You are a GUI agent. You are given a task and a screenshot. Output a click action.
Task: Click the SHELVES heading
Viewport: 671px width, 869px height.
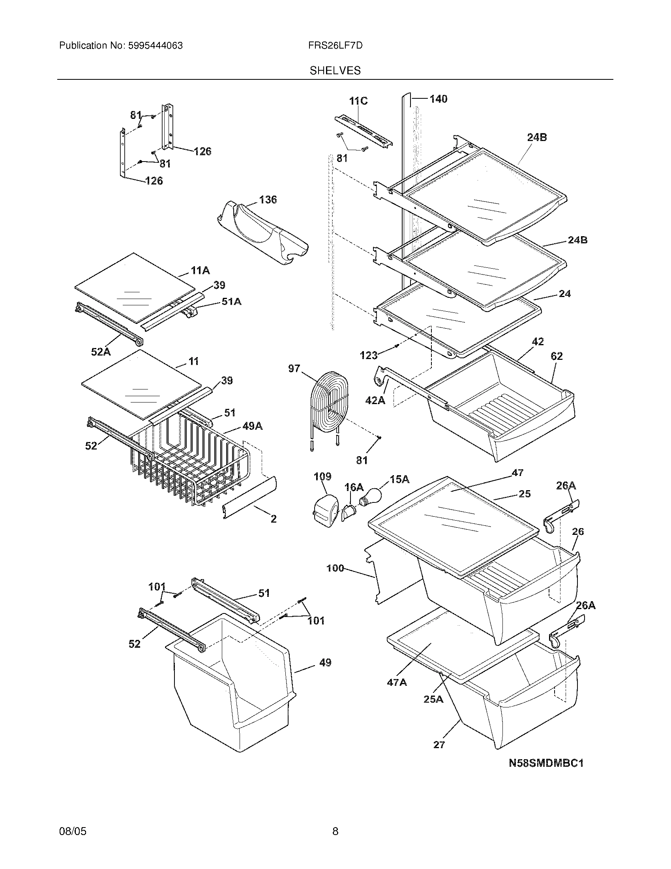click(x=335, y=70)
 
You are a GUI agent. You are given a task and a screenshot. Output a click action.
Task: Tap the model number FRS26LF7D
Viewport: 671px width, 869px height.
click(x=335, y=45)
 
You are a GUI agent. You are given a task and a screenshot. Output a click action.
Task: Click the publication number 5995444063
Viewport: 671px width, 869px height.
click(x=155, y=45)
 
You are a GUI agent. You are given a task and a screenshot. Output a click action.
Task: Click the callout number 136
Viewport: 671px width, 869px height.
click(x=268, y=199)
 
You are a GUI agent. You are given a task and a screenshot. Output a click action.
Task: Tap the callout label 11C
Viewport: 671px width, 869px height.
click(x=358, y=101)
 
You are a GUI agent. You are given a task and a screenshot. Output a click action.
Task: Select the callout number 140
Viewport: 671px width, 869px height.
click(x=438, y=99)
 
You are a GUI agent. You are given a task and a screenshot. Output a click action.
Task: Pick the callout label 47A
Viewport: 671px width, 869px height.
click(x=397, y=682)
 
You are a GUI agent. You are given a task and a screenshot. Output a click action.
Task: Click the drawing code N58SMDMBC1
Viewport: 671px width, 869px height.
click(x=546, y=763)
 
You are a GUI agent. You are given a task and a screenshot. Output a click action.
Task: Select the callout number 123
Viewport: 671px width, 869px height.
click(x=369, y=355)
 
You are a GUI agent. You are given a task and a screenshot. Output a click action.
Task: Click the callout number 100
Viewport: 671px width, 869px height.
click(x=335, y=568)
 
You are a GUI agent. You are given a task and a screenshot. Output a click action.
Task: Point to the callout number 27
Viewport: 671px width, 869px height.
click(x=439, y=745)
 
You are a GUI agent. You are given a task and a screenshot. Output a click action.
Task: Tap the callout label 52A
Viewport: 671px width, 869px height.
click(x=101, y=351)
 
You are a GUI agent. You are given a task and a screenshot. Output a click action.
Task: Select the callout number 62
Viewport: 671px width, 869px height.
click(x=557, y=356)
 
